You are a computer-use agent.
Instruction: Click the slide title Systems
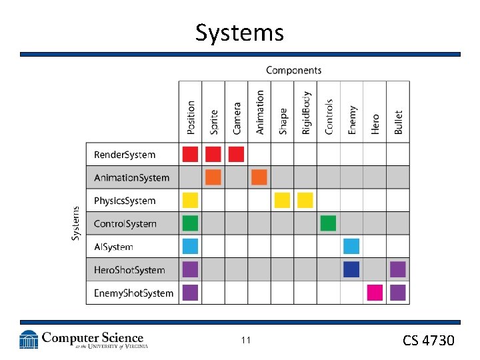click(239, 32)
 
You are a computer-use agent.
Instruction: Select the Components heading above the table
click(293, 70)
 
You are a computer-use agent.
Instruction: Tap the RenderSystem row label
click(125, 155)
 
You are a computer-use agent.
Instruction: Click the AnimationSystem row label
click(131, 178)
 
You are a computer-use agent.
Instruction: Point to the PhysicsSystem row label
click(125, 201)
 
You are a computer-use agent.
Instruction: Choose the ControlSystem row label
click(125, 224)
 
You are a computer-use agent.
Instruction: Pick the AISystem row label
click(113, 247)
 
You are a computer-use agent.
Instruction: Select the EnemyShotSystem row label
click(133, 293)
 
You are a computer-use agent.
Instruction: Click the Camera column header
click(237, 117)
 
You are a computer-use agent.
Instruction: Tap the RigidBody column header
click(306, 113)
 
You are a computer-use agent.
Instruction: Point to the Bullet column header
click(398, 122)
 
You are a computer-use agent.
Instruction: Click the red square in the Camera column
click(236, 155)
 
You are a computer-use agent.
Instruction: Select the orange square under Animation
click(259, 177)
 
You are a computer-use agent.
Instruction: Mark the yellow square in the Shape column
click(283, 200)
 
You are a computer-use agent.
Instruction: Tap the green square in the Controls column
click(329, 223)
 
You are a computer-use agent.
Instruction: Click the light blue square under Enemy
click(352, 246)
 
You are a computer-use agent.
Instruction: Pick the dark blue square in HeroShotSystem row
click(352, 269)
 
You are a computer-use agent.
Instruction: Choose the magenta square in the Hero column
click(375, 293)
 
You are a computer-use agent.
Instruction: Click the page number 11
click(245, 341)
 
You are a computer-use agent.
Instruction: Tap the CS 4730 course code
click(428, 341)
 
